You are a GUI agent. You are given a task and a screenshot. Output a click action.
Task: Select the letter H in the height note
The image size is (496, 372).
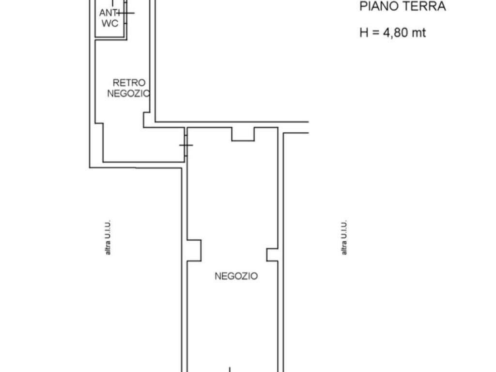coord(364,33)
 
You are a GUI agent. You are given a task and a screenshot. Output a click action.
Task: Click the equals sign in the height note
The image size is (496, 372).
coord(376,33)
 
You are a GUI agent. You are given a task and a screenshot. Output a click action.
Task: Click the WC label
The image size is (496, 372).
coord(109,24)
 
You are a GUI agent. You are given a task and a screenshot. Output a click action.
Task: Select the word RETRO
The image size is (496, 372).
coord(129,83)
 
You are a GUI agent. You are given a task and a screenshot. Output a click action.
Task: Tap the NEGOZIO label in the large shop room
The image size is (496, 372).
coord(236,276)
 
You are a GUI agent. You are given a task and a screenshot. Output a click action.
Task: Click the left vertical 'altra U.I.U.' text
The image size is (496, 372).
coord(108,237)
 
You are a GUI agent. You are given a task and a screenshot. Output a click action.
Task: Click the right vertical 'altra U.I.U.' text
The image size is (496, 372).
coord(344,237)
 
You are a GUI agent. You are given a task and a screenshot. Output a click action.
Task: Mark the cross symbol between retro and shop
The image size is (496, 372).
coord(186,145)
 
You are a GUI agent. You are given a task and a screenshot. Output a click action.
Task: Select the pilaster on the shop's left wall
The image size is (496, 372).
coord(194,250)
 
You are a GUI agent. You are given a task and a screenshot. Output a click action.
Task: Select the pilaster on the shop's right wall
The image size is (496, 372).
coord(272,254)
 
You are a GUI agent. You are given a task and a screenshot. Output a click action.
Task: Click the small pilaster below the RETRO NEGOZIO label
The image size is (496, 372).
coord(147,120)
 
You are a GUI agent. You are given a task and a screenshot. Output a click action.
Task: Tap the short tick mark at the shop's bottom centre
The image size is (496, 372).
coord(230,369)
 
